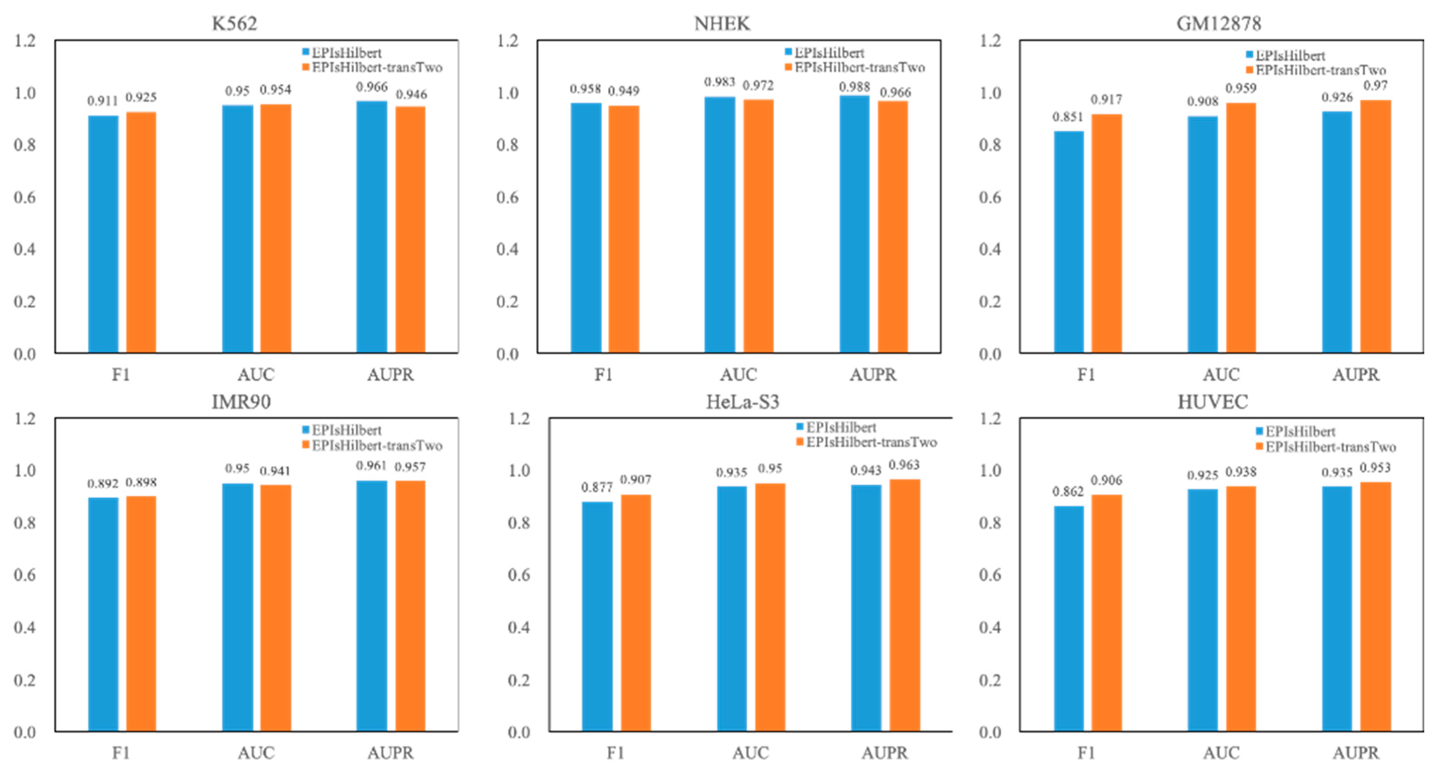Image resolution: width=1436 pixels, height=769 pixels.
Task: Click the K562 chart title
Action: pos(234,23)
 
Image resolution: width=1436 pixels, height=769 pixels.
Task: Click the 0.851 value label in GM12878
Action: pos(1068,117)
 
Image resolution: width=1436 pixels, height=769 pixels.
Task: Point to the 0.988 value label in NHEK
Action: pos(854,87)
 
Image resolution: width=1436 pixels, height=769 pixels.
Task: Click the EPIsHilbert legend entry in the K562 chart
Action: pos(346,53)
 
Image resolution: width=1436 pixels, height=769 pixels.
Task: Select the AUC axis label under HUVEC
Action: pos(1221,753)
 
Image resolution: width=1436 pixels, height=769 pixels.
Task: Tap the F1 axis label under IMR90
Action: pos(121,753)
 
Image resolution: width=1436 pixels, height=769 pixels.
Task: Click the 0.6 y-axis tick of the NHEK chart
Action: pos(507,197)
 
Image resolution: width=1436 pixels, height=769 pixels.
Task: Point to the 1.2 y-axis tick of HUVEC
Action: pos(990,418)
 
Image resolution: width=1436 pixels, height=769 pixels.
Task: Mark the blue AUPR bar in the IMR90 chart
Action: pos(372,606)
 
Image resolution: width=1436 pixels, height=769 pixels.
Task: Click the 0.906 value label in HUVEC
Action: pos(1106,480)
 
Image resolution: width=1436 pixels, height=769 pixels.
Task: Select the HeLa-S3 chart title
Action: pos(743,402)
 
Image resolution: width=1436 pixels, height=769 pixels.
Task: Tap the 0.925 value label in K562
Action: pos(141,97)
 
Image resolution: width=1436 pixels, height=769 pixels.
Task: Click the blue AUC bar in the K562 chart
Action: pos(237,228)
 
